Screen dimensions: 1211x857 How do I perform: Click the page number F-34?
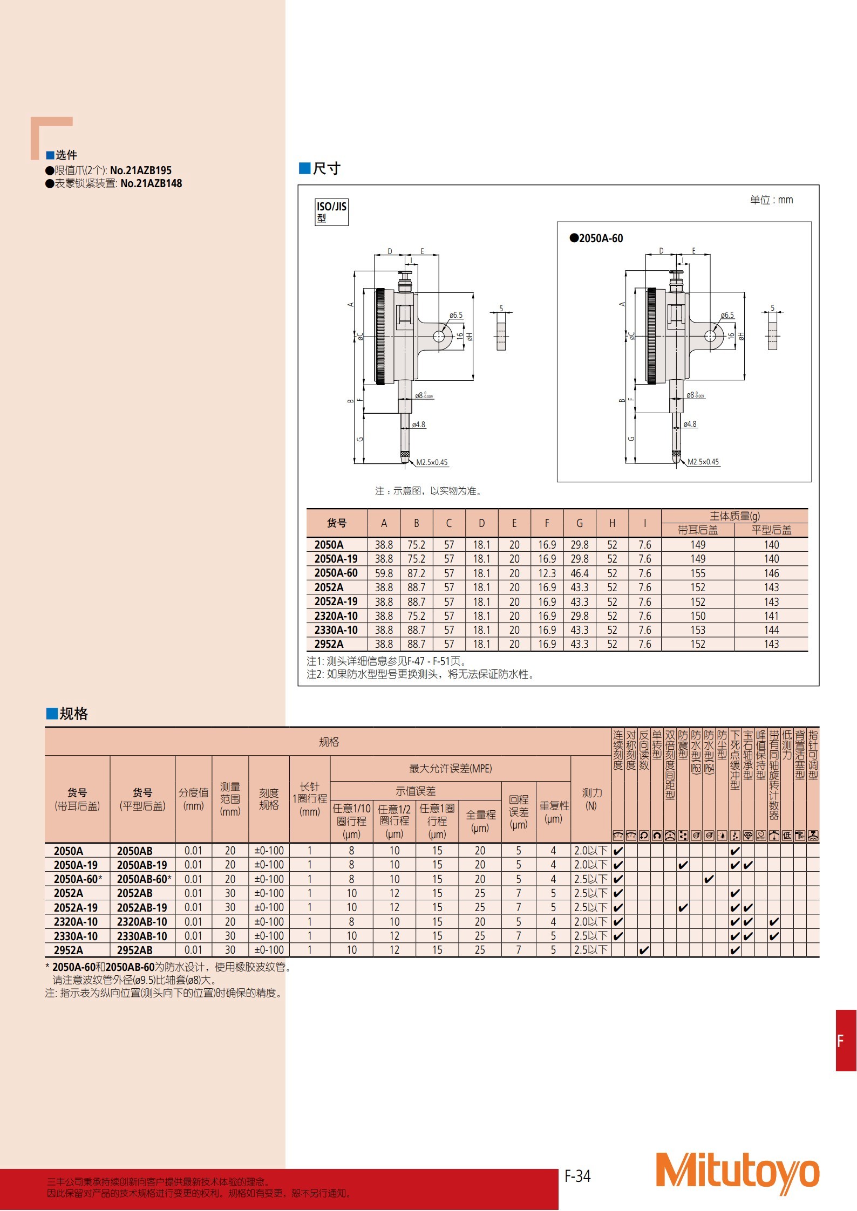(577, 1176)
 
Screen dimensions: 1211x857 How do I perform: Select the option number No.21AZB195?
(141, 170)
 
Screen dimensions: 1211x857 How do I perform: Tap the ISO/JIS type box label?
(331, 212)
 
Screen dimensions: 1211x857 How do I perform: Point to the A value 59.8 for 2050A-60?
(384, 573)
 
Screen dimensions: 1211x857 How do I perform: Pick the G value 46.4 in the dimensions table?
(579, 573)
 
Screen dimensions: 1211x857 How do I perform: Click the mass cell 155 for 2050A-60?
(697, 573)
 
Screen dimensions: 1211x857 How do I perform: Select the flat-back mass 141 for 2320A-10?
(771, 616)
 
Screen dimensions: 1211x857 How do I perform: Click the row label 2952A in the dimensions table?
(329, 644)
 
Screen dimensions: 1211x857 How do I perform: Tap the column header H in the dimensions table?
(612, 523)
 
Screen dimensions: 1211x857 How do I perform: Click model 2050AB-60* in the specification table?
(144, 879)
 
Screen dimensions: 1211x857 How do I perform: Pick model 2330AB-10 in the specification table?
(142, 936)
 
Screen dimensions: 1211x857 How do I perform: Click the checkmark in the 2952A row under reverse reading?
(644, 950)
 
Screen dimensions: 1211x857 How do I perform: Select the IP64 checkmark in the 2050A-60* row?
(709, 879)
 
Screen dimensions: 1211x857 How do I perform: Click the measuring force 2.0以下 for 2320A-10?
(590, 922)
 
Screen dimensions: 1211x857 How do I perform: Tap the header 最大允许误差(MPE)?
(450, 769)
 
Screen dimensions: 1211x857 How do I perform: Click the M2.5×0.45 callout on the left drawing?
(432, 462)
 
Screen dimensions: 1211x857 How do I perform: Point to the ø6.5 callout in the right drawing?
(727, 315)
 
